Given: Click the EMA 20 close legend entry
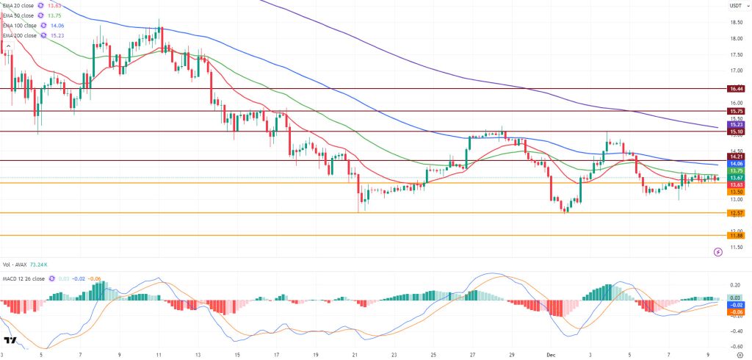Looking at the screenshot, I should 23,5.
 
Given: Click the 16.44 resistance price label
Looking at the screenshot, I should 736,89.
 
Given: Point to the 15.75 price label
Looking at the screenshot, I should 736,111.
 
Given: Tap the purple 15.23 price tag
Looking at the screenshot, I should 736,125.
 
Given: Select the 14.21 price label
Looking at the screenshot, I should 736,156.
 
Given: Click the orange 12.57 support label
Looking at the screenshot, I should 736,213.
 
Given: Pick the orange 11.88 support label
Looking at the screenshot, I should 736,235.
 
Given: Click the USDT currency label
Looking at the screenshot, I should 735,6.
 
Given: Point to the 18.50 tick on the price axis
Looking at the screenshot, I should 735,22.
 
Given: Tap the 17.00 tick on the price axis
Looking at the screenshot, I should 735,71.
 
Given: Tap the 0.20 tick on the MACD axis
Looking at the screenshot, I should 735,284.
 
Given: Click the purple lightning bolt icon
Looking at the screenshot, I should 718,252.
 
